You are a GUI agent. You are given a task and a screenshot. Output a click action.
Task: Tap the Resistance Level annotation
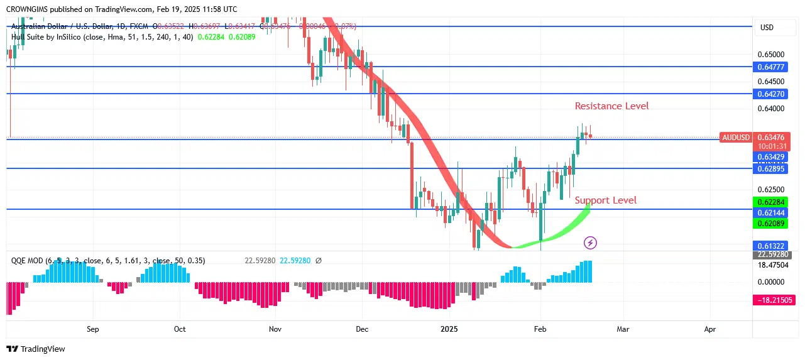tap(611, 106)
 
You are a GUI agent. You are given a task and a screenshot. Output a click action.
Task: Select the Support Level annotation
tap(605, 200)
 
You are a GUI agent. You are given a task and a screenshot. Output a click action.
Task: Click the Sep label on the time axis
tap(93, 329)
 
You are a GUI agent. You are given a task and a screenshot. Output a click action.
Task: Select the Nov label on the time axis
tap(275, 329)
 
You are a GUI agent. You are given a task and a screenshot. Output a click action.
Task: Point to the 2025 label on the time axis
tap(449, 329)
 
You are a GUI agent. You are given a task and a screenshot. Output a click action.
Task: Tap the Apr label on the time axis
tap(710, 329)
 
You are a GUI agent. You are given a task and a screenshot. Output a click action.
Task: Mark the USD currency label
tap(767, 28)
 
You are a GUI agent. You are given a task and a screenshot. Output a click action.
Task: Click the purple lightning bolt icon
tap(590, 242)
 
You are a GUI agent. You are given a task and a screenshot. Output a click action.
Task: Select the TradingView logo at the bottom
tap(36, 349)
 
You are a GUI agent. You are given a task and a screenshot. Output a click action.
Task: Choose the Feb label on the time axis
tap(540, 329)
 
